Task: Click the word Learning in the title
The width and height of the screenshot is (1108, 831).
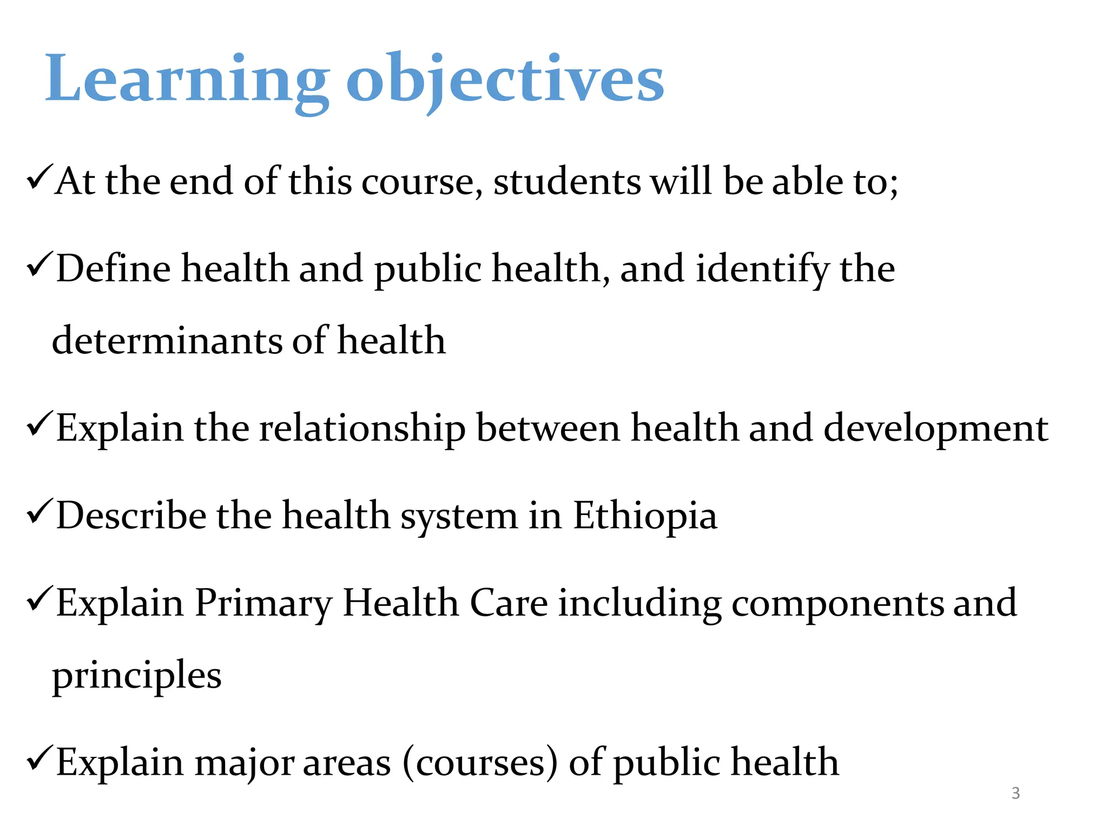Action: click(x=187, y=78)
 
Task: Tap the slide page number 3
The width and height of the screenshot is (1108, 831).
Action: click(x=1015, y=793)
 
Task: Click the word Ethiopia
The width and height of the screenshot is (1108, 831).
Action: click(x=645, y=516)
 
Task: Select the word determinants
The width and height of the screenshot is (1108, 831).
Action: click(x=167, y=341)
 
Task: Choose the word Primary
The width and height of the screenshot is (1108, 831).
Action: click(x=263, y=603)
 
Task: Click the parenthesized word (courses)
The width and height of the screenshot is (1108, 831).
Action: click(x=480, y=763)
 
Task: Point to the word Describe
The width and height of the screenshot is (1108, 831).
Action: click(x=131, y=516)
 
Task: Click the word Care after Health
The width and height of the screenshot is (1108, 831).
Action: click(x=509, y=603)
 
